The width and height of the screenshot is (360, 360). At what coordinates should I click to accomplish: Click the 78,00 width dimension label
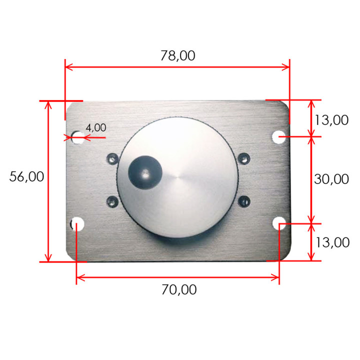[x=178, y=56]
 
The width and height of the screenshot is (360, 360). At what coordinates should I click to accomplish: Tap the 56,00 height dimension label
[x=26, y=177]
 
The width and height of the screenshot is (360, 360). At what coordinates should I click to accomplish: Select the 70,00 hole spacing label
[x=179, y=289]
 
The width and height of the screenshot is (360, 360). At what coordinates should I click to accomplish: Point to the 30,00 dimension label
[x=331, y=179]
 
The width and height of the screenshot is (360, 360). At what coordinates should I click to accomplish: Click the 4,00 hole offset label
[x=96, y=127]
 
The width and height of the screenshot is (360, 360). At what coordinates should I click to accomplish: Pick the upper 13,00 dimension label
[x=331, y=120]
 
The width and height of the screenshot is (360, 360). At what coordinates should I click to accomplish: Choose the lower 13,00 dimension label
[x=332, y=242]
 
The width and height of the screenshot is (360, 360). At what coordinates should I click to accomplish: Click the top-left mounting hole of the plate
[x=77, y=137]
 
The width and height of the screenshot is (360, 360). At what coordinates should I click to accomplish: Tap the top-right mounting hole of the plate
[x=278, y=137]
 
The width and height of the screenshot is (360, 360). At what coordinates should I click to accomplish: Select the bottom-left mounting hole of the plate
[x=77, y=223]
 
